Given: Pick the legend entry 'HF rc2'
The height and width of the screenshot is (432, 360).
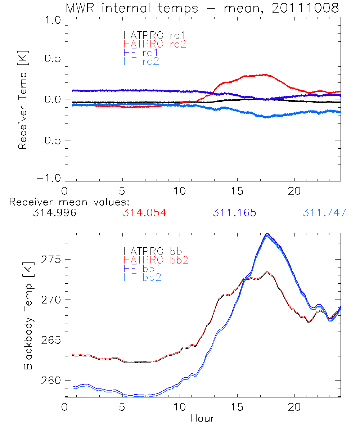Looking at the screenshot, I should click(141, 61).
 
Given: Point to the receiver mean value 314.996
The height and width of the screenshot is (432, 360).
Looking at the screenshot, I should click(54, 213).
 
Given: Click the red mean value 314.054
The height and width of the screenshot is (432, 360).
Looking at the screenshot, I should click(144, 213).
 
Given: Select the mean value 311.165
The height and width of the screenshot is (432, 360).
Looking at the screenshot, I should click(234, 213).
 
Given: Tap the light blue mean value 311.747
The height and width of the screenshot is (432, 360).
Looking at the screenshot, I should click(324, 213).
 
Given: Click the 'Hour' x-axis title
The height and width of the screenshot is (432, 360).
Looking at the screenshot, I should click(202, 419).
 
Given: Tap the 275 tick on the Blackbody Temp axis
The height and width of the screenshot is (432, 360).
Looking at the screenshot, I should click(50, 260).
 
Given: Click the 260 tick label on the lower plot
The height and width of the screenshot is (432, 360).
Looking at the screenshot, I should click(50, 381).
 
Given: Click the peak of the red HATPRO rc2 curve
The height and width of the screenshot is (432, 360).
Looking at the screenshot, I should click(266, 75).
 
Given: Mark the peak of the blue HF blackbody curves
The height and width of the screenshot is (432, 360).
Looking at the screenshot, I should click(267, 234).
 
